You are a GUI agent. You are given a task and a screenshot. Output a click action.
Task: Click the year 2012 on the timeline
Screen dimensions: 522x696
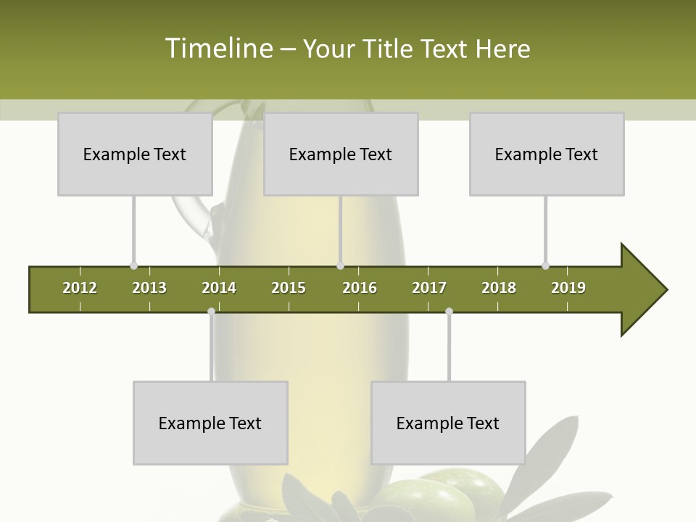(x=80, y=288)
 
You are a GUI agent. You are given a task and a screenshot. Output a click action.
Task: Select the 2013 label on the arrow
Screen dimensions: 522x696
(x=149, y=288)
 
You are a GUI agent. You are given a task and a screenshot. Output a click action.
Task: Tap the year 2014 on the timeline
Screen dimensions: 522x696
(x=219, y=288)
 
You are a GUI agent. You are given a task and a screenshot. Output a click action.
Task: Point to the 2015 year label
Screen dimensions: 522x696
(x=289, y=288)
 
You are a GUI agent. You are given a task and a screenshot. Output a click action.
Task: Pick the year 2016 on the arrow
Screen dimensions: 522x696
(x=360, y=288)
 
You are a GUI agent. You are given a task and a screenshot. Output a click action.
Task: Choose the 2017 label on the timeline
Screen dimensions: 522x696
(x=429, y=288)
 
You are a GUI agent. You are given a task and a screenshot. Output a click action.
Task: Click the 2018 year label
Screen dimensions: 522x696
(x=499, y=288)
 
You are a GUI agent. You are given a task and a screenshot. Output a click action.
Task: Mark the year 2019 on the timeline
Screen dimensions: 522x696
(x=568, y=288)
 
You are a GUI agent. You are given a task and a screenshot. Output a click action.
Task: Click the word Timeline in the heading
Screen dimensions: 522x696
(x=218, y=49)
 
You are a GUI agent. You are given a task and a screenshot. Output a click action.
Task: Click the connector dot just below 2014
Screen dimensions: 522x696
(x=211, y=311)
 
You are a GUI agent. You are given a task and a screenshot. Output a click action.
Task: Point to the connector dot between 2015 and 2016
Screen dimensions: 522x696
(x=341, y=265)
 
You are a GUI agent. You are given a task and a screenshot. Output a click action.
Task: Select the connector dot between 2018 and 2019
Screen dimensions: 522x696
(x=546, y=265)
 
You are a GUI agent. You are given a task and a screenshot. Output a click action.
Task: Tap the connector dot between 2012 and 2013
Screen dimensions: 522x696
(x=133, y=265)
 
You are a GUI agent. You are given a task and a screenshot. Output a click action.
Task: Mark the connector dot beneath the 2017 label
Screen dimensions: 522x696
(x=449, y=311)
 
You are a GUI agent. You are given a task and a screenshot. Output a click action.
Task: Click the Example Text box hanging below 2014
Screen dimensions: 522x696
(x=210, y=423)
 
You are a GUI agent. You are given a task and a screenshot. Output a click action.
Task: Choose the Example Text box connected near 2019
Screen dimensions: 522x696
(x=547, y=154)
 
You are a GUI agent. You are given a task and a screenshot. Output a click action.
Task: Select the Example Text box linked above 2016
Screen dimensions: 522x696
(x=341, y=154)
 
